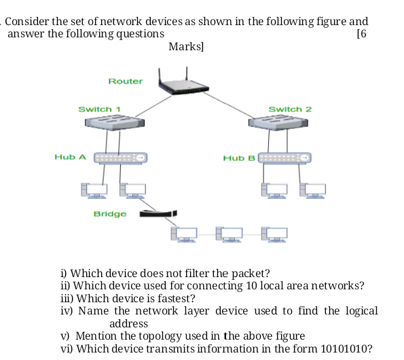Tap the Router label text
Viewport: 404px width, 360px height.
[126, 82]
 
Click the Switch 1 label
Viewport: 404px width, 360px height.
[99, 109]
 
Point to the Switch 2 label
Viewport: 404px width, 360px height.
[290, 109]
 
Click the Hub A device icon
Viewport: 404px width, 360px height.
[120, 158]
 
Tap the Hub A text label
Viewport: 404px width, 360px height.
[70, 157]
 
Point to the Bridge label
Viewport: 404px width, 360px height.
[110, 214]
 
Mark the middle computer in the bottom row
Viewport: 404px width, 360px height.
[229, 234]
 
